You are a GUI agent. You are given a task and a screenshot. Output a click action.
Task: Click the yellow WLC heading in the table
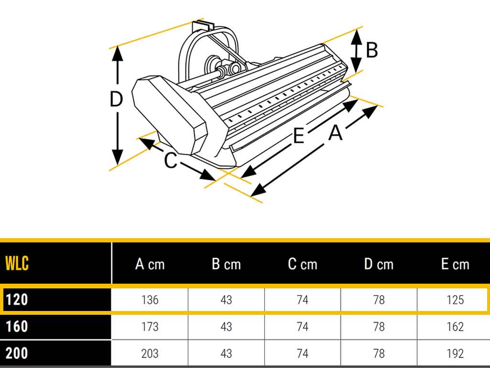17,263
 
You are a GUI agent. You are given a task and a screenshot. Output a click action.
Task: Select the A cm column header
150,264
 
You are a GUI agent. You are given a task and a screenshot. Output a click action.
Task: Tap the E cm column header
455,264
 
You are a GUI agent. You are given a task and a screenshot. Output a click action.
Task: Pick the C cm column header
302,264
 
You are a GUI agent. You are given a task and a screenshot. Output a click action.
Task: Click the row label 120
17,299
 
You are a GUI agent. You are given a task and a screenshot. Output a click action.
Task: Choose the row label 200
17,353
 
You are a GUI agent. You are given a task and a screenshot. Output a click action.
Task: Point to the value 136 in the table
150,300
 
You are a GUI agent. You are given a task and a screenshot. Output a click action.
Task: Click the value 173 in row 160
150,327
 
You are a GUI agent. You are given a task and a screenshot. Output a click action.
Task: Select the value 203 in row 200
150,354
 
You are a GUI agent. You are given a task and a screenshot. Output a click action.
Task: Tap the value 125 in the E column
455,300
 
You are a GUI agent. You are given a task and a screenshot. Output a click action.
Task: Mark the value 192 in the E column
455,354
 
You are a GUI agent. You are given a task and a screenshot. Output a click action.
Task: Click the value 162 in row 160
455,327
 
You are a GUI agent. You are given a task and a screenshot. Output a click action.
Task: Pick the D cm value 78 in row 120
379,300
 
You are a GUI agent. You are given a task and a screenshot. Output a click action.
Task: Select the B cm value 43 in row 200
226,354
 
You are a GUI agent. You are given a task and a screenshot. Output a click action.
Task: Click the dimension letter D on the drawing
116,99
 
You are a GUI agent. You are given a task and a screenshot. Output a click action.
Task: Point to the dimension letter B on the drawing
372,50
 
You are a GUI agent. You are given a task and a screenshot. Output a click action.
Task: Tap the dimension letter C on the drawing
171,160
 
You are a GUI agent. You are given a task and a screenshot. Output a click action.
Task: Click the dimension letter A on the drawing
335,132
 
